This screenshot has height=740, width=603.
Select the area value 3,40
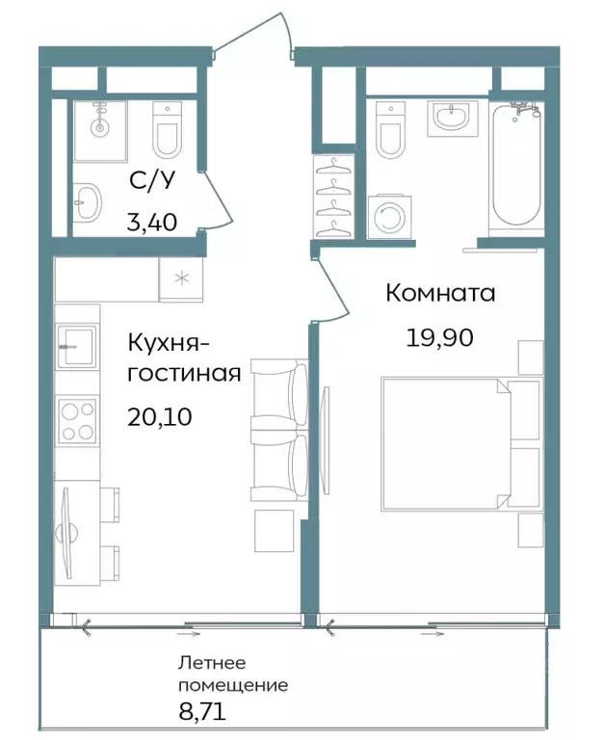pyautogui.click(x=151, y=224)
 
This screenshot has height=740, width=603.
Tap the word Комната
pyautogui.click(x=440, y=293)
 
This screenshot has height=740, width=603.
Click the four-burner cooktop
pyautogui.click(x=77, y=420)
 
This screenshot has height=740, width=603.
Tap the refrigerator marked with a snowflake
pyautogui.click(x=180, y=278)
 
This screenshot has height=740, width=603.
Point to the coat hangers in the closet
pyautogui.click(x=333, y=198)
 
